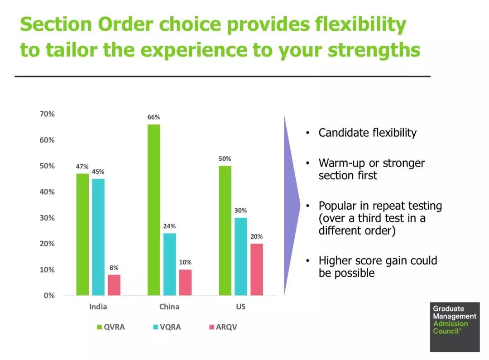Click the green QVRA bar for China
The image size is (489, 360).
[154, 210]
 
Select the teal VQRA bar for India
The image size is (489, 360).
[98, 237]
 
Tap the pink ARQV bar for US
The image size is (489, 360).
[257, 269]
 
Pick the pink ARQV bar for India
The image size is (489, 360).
[114, 285]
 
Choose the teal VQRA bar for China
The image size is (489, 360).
[170, 264]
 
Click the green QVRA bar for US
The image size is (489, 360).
[225, 230]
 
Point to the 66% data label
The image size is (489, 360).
[154, 117]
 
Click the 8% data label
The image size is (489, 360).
[114, 268]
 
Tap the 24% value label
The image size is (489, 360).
[169, 226]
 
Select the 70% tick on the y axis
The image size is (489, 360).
[47, 114]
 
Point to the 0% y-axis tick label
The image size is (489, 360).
[49, 295]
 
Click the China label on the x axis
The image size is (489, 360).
[169, 307]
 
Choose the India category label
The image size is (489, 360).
[98, 307]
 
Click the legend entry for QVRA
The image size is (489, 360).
[111, 327]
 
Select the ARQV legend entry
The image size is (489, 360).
[223, 327]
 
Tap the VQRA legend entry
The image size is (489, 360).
[167, 327]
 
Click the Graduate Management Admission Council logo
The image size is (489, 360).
[455, 327]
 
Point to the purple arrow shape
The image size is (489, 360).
[291, 205]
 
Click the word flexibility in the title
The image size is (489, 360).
[360, 24]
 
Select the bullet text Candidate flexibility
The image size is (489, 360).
[367, 133]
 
